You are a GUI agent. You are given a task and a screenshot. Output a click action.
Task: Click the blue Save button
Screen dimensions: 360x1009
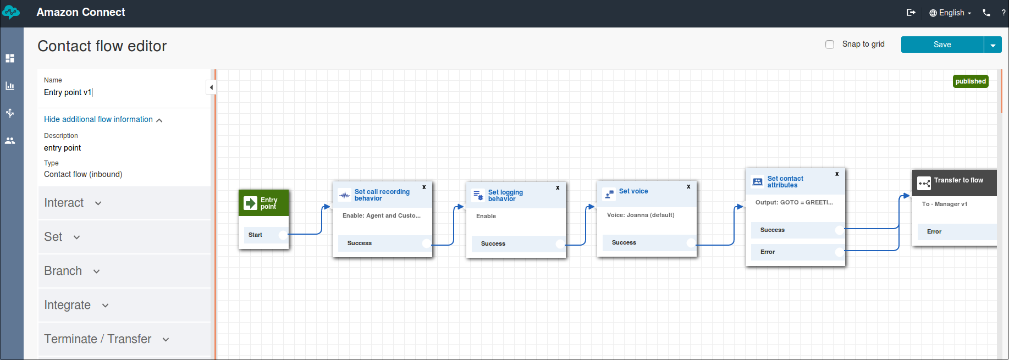point(942,45)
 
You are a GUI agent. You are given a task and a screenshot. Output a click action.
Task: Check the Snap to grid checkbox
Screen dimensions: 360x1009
point(830,45)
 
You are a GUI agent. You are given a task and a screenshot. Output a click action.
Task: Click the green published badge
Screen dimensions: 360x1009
point(971,81)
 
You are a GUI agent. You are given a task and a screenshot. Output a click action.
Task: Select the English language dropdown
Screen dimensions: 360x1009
point(950,13)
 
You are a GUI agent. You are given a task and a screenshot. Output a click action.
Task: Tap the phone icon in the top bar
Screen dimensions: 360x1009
point(986,13)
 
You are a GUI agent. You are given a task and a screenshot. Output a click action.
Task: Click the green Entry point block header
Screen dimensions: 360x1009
point(264,203)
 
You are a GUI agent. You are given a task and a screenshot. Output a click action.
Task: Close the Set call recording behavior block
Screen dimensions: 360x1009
point(424,187)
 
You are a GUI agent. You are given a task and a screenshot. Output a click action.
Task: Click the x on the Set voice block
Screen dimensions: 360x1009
point(688,187)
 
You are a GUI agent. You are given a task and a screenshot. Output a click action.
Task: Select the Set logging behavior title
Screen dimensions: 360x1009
point(505,196)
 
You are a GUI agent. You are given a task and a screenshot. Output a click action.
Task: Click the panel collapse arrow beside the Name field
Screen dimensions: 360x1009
point(211,87)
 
